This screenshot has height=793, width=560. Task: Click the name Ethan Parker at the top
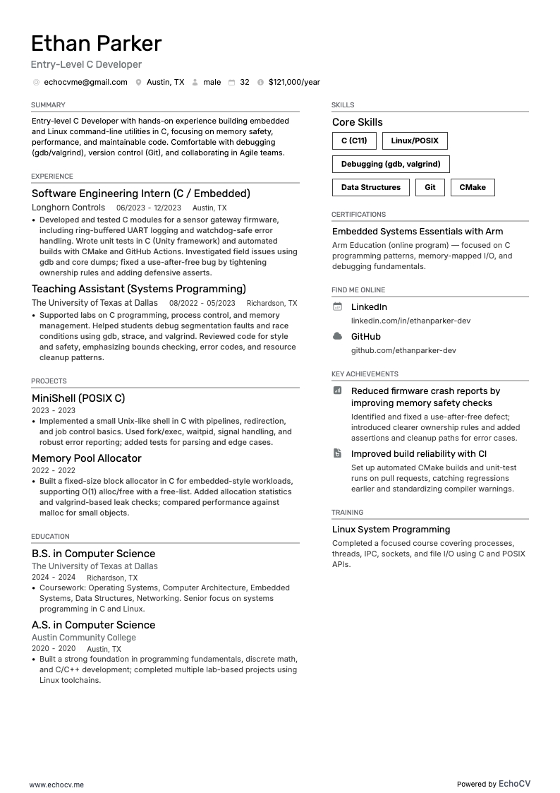coord(96,44)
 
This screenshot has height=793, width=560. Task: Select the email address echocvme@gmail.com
coord(85,82)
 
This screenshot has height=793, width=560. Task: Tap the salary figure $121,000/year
coord(294,82)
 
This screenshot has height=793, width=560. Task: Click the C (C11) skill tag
coord(354,141)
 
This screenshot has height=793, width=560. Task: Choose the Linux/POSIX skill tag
coord(415,141)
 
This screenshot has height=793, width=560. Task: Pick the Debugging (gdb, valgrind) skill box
coord(391,164)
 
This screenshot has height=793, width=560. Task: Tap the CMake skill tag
coord(473,187)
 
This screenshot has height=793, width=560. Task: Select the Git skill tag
coord(430,187)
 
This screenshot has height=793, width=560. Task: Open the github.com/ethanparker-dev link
coord(403,350)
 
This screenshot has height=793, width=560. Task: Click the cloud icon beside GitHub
coord(337,336)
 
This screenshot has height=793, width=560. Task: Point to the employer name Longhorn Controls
coord(68,208)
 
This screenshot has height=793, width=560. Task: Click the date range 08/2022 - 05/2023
coord(202,303)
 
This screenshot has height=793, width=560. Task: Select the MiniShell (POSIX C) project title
coord(78,398)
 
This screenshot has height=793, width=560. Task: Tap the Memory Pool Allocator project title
coord(87,458)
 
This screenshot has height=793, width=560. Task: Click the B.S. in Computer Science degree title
coord(93,554)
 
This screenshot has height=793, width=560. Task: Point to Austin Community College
coord(84,638)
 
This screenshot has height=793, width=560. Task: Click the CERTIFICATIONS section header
coord(358,215)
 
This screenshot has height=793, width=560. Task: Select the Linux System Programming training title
coord(391,530)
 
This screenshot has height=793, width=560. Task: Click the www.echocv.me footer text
coord(56,785)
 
